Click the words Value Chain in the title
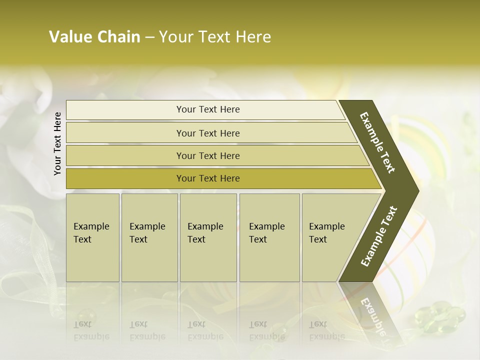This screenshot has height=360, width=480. (x=94, y=37)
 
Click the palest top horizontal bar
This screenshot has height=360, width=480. (x=125, y=110)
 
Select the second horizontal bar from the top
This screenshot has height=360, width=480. (x=125, y=133)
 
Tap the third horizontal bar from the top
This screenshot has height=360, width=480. (x=125, y=155)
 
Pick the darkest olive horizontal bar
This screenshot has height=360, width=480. (x=125, y=178)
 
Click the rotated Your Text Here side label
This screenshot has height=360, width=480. (x=57, y=143)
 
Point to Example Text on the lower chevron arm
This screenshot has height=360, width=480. (x=379, y=236)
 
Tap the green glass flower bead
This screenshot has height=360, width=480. (x=440, y=315)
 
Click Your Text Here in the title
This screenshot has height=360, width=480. (x=215, y=37)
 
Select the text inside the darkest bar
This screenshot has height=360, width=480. (x=208, y=178)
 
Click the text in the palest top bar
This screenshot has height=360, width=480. (x=208, y=109)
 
